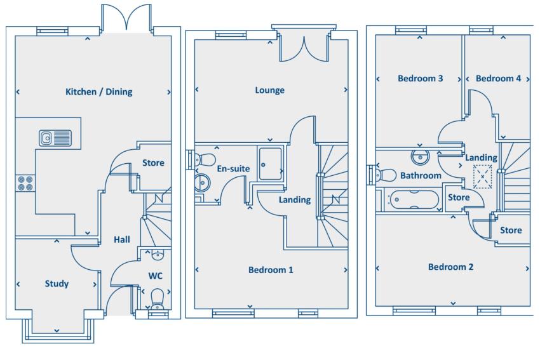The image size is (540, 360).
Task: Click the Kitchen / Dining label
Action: (x=99, y=92)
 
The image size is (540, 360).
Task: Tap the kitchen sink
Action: (x=53, y=138)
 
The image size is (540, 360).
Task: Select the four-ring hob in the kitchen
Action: (x=25, y=183)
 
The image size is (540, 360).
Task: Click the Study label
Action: (x=57, y=284)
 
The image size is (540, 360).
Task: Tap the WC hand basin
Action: (x=157, y=255)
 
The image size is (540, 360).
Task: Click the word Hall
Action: (x=122, y=239)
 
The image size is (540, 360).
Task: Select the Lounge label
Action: (x=270, y=90)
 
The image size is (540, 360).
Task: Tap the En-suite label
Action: (x=233, y=168)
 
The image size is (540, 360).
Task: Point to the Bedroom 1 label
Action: (x=271, y=270)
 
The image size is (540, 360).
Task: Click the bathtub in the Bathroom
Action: (x=414, y=200)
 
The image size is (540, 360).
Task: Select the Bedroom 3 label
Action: (x=421, y=79)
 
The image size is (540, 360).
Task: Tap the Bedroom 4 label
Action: (x=499, y=79)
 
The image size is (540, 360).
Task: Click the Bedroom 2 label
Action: (x=450, y=267)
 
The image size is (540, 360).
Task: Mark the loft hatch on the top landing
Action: (x=483, y=175)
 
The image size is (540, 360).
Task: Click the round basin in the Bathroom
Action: (x=420, y=156)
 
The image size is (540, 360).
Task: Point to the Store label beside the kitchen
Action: (x=153, y=163)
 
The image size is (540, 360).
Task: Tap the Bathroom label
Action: (x=421, y=176)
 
